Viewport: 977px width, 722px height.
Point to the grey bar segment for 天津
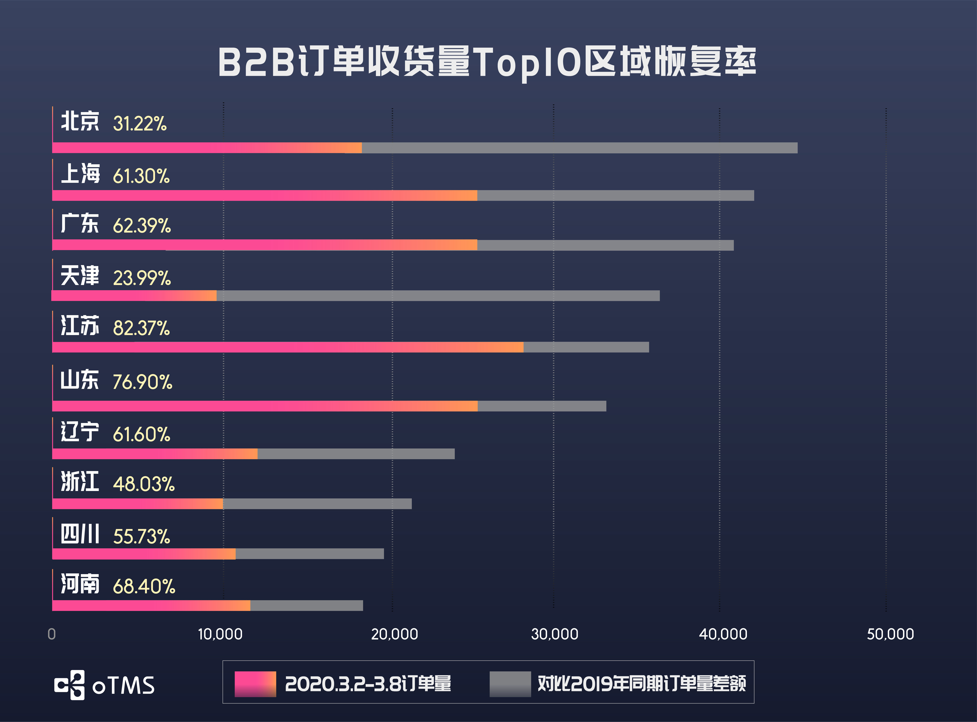438,296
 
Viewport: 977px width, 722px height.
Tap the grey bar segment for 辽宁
356,454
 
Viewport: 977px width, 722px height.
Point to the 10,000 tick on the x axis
220,634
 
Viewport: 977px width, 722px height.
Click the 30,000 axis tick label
554,634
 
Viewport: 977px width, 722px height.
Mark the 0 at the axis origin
52,634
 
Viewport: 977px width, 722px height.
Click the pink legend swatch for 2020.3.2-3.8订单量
255,684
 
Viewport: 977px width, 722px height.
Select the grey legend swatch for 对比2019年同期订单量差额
510,684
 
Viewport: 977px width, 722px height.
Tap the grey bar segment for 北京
579,148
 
